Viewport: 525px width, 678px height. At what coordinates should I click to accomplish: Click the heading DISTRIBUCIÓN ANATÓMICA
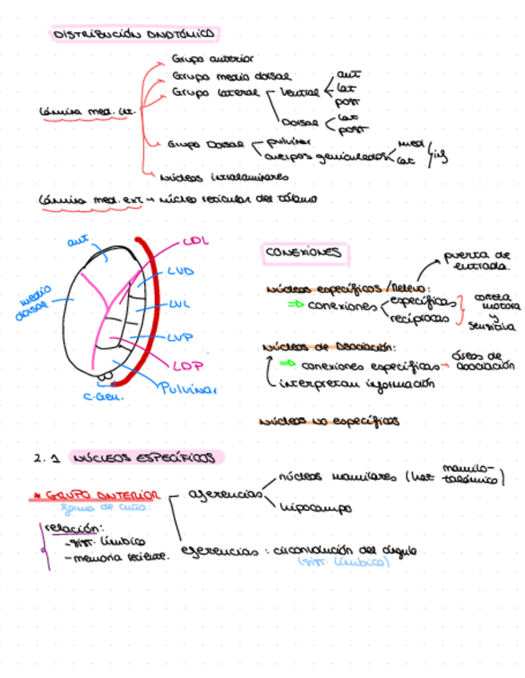[135, 34]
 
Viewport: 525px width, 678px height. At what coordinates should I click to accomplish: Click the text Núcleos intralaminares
[224, 177]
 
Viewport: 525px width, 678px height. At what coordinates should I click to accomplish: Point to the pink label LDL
[195, 241]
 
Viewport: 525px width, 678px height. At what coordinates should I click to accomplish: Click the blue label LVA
[181, 272]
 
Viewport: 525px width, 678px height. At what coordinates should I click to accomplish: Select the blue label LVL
[180, 305]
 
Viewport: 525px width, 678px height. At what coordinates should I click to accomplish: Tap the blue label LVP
[181, 338]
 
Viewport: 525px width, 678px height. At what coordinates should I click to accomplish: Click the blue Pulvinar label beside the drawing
[188, 389]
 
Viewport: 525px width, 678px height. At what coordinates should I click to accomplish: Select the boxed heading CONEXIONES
[303, 253]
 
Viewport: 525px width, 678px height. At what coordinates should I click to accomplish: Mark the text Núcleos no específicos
[330, 421]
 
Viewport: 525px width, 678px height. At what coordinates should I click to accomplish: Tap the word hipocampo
[316, 507]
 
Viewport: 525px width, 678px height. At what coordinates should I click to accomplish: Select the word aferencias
[226, 494]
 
